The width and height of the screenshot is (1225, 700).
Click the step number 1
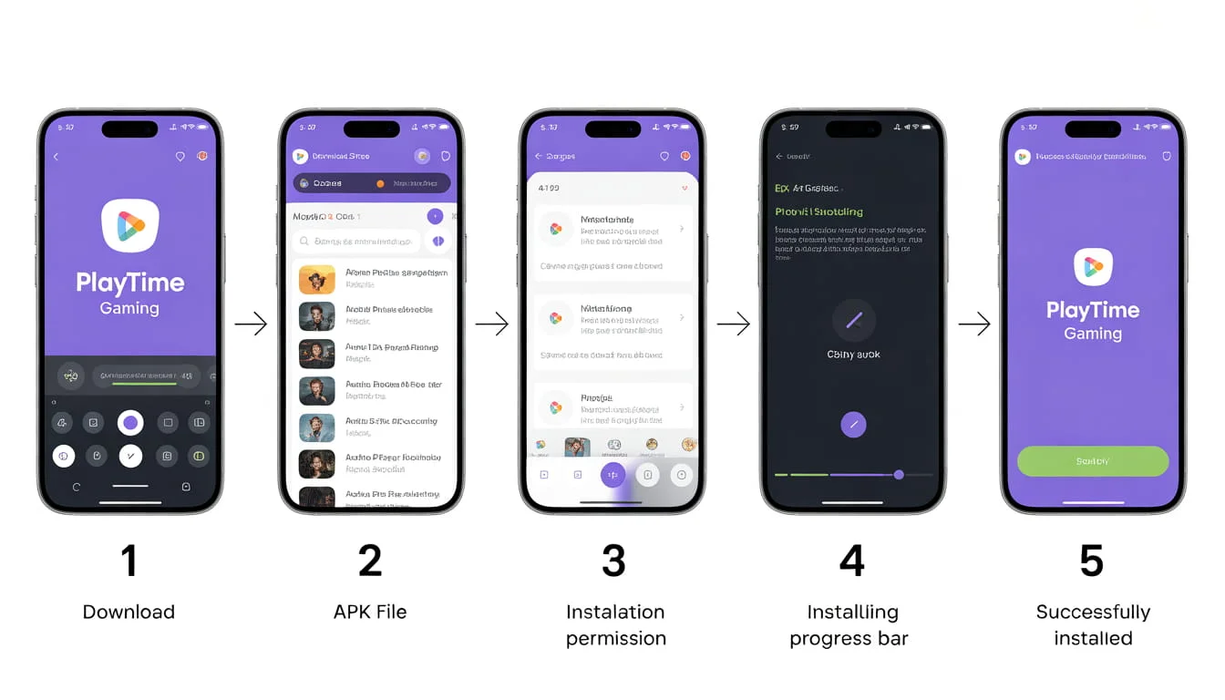(x=129, y=561)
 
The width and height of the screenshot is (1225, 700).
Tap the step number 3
(x=613, y=561)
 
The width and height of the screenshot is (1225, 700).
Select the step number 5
(x=1092, y=561)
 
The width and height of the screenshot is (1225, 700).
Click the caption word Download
(x=129, y=612)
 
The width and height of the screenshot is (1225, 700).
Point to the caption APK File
(x=370, y=612)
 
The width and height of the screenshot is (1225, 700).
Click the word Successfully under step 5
(x=1093, y=612)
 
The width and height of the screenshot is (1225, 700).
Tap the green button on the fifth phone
(x=1093, y=461)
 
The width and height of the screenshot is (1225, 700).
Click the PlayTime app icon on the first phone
(x=130, y=225)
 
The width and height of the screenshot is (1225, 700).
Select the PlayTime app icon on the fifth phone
(x=1093, y=266)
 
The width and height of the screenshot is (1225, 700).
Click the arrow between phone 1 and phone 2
(x=251, y=324)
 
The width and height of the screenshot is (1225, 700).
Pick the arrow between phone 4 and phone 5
(x=973, y=324)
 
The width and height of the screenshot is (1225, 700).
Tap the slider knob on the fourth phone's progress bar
(x=899, y=475)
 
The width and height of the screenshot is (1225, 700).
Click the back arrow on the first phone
(x=56, y=157)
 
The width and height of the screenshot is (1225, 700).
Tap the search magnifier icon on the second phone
(x=304, y=242)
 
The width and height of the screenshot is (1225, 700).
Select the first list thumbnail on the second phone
(x=316, y=279)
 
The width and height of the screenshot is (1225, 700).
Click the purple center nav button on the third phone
(x=613, y=475)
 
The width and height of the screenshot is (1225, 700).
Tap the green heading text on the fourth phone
(x=818, y=211)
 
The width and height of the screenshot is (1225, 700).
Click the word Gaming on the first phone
(x=129, y=308)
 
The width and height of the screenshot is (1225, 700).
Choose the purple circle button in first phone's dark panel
(x=130, y=423)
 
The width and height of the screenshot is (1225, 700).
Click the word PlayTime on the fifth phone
(x=1093, y=310)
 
